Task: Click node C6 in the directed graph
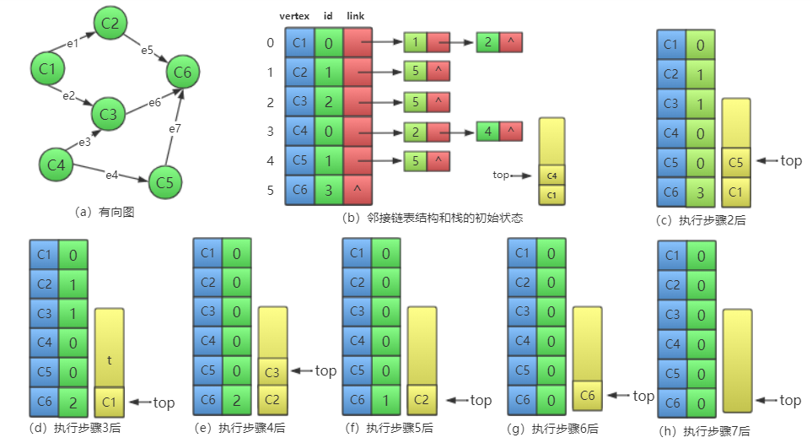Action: click(183, 73)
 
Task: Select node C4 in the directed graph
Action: click(56, 164)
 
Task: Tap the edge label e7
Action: click(175, 129)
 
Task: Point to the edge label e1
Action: click(73, 42)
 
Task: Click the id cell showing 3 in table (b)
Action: click(328, 190)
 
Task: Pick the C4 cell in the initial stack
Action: click(551, 175)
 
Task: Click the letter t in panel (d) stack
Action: click(109, 359)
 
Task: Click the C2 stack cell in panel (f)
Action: click(422, 400)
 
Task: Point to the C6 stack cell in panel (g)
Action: click(587, 395)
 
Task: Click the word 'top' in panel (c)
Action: click(791, 159)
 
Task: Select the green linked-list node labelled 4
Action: click(487, 131)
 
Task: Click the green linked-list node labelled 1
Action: click(415, 41)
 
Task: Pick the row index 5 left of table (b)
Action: click(270, 191)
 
